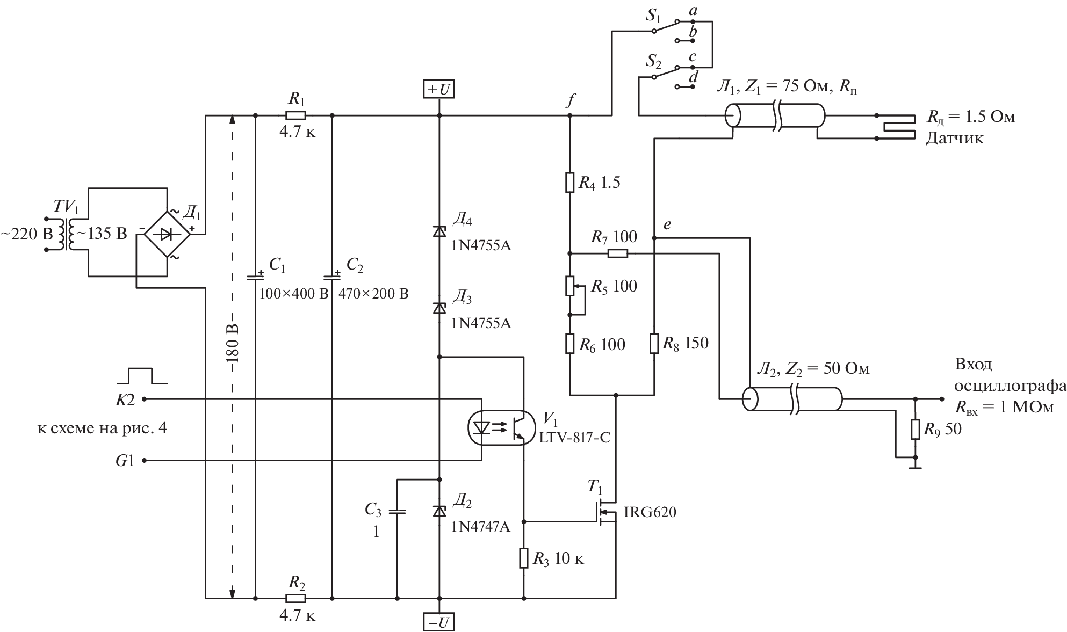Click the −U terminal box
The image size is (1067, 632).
click(439, 622)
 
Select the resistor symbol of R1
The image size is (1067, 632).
click(295, 115)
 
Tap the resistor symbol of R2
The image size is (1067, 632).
click(295, 598)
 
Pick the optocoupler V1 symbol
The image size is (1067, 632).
click(502, 428)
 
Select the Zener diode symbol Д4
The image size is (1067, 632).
click(439, 231)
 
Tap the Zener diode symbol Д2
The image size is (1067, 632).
click(439, 511)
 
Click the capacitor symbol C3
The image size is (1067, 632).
click(396, 511)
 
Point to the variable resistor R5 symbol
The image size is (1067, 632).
click(570, 287)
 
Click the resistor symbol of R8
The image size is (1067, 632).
click(654, 343)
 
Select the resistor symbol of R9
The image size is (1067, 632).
click(915, 429)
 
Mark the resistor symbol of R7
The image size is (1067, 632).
click(618, 253)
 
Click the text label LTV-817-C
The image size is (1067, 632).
click(575, 438)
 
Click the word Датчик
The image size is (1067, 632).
click(954, 139)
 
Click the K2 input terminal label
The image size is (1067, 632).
click(125, 399)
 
